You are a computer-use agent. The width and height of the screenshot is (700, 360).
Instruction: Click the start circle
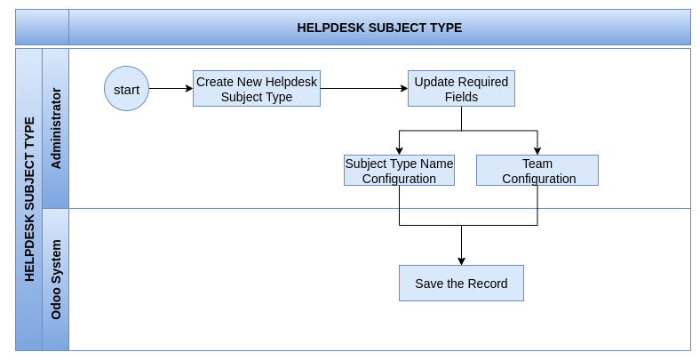pos(126,88)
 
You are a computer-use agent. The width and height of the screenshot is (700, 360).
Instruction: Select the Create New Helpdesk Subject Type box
pos(257,88)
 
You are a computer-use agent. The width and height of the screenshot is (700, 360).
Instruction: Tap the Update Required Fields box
pos(461,88)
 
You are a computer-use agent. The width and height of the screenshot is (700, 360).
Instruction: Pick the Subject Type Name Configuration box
pos(399,170)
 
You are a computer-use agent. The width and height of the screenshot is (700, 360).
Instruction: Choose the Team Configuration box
pos(537,170)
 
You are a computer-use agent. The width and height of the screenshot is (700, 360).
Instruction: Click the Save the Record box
pos(461,284)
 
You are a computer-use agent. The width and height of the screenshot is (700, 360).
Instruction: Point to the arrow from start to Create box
pos(171,88)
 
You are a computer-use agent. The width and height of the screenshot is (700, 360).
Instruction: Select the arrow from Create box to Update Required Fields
pos(364,88)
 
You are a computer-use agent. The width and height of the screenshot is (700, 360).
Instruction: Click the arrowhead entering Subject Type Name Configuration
pos(399,150)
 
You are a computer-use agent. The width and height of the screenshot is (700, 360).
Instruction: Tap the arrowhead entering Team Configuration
pos(537,150)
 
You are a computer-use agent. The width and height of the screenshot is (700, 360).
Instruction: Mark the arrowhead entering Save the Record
pos(461,260)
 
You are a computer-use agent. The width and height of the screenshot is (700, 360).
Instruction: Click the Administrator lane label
pos(56,128)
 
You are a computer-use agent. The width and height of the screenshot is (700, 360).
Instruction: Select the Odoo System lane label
pos(56,280)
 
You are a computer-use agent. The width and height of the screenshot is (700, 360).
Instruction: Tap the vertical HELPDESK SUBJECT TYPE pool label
pos(29,199)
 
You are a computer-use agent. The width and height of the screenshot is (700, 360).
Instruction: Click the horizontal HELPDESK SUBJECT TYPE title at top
pos(379,28)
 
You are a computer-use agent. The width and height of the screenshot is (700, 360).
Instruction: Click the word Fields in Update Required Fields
pos(461,97)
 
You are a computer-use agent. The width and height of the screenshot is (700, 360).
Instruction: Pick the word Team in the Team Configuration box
pos(537,164)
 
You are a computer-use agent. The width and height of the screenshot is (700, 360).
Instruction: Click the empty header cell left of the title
pos(42,28)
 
